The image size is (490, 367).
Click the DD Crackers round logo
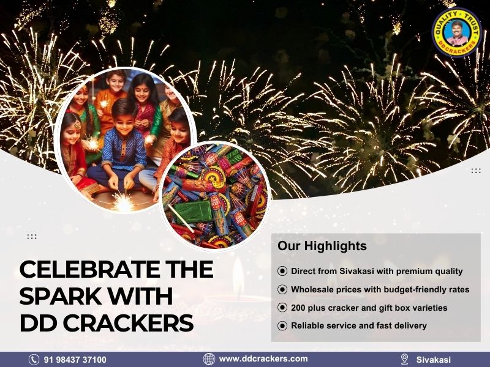coord(456,32)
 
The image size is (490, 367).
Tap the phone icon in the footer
coord(34,360)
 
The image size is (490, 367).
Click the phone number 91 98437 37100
coord(75,360)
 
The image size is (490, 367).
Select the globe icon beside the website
coord(209,359)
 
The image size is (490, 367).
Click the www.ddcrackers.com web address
coord(263,359)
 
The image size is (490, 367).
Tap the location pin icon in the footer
coord(404,359)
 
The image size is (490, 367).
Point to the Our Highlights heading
coord(322,246)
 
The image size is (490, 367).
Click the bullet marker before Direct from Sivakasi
coord(282,271)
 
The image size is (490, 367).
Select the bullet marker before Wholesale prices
coord(282,289)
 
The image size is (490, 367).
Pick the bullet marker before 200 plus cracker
coord(282,308)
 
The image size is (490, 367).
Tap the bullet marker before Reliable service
coord(282,326)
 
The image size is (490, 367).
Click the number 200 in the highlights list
coord(300,308)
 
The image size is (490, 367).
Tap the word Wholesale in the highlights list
coord(313,289)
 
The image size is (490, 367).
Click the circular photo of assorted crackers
coord(214,195)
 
